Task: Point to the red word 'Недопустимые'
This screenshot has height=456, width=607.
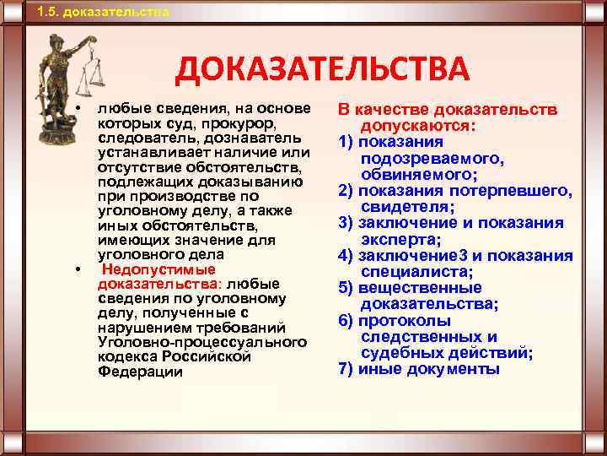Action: tap(158, 269)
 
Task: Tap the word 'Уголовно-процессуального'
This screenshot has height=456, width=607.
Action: tap(202, 341)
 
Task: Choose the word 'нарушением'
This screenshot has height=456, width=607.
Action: tap(142, 327)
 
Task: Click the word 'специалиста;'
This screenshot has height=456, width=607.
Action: tap(416, 272)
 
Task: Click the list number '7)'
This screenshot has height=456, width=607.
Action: tap(346, 369)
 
